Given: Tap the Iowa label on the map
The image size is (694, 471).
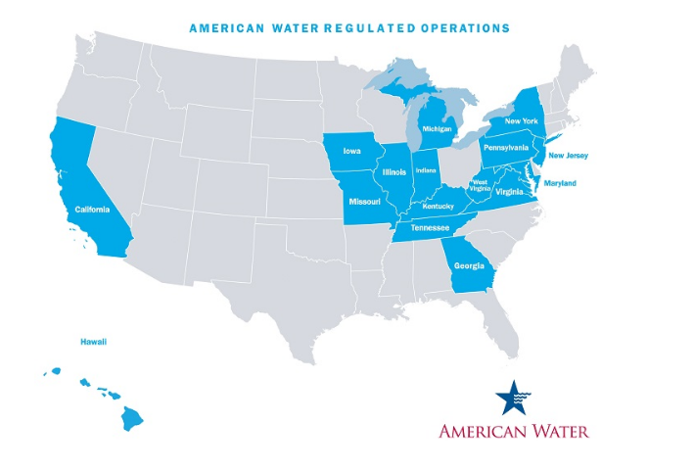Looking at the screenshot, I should click(x=351, y=152).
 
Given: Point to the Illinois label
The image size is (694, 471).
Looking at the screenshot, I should click(x=395, y=172).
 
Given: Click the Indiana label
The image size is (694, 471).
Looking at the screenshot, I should click(x=426, y=170).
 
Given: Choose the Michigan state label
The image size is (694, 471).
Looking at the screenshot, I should click(x=439, y=128).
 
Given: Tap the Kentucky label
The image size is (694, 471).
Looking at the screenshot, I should click(x=439, y=206).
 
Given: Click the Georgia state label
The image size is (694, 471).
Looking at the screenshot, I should click(x=468, y=263).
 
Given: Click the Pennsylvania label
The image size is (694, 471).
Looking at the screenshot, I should click(x=506, y=147).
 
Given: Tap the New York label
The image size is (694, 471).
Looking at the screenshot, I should click(x=522, y=120).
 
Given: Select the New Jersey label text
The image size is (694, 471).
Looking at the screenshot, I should click(x=569, y=155).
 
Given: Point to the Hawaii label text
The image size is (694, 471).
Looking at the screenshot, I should click(x=93, y=342).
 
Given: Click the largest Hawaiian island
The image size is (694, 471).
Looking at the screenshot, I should click(x=132, y=419).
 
